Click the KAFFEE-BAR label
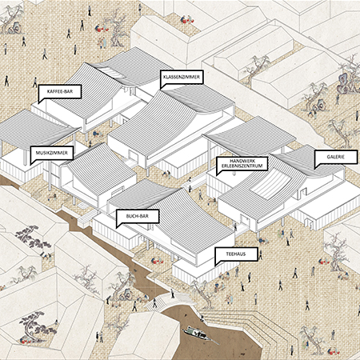click(60, 92)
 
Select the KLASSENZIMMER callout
click(182, 77)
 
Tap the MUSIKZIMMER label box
click(52, 153)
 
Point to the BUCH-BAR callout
click(138, 216)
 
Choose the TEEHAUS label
click(236, 254)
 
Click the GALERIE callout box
click(336, 157)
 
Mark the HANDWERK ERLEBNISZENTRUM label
click(242, 163)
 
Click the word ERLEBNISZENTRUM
click(242, 166)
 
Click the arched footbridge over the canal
click(170, 302)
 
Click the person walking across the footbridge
click(172, 294)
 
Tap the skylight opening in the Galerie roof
click(270, 186)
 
